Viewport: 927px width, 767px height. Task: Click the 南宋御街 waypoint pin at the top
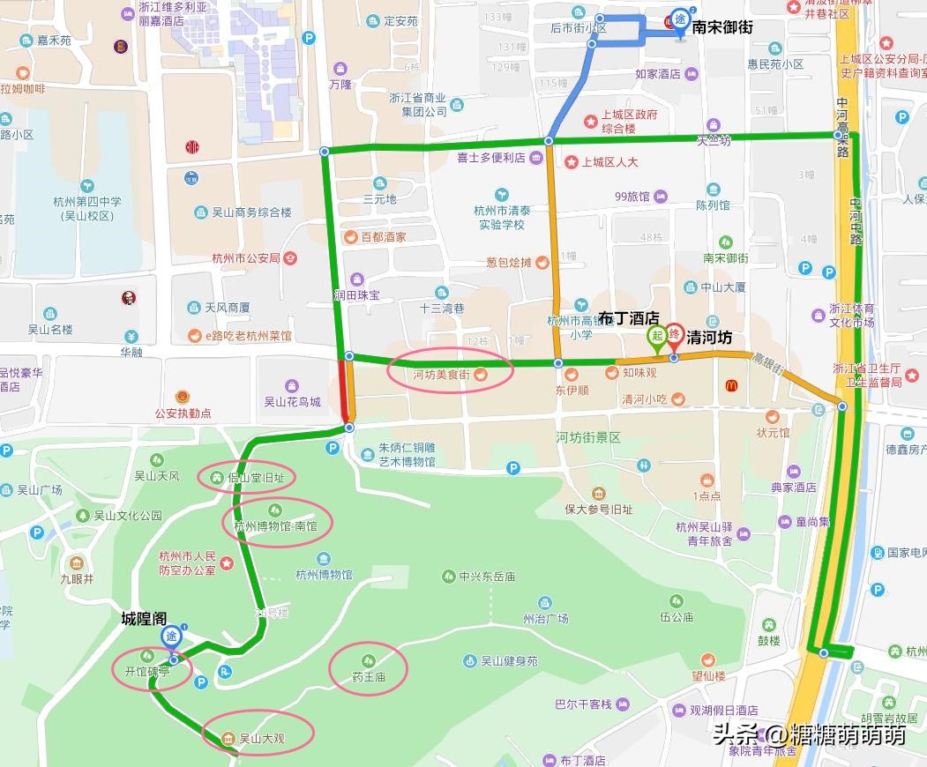tap(680, 22)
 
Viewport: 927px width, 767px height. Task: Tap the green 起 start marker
tap(657, 337)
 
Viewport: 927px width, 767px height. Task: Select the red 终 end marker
tap(674, 337)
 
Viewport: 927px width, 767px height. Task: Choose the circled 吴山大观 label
tap(257, 737)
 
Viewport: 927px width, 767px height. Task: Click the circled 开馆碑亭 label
tap(148, 670)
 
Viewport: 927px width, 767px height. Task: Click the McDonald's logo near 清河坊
tap(731, 386)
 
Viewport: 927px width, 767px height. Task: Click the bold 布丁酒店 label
tap(628, 317)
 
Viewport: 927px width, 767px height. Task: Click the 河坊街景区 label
tap(587, 437)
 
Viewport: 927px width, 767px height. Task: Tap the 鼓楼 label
tap(768, 640)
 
